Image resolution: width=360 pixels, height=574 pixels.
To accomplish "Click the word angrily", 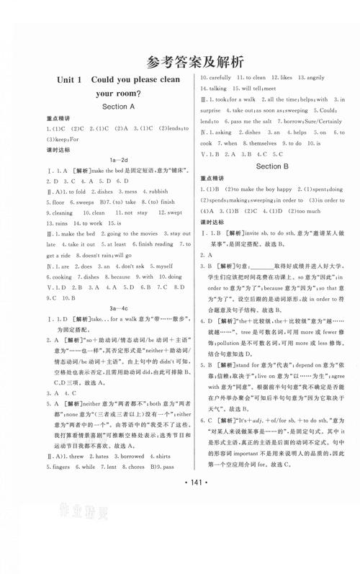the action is (315, 78).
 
